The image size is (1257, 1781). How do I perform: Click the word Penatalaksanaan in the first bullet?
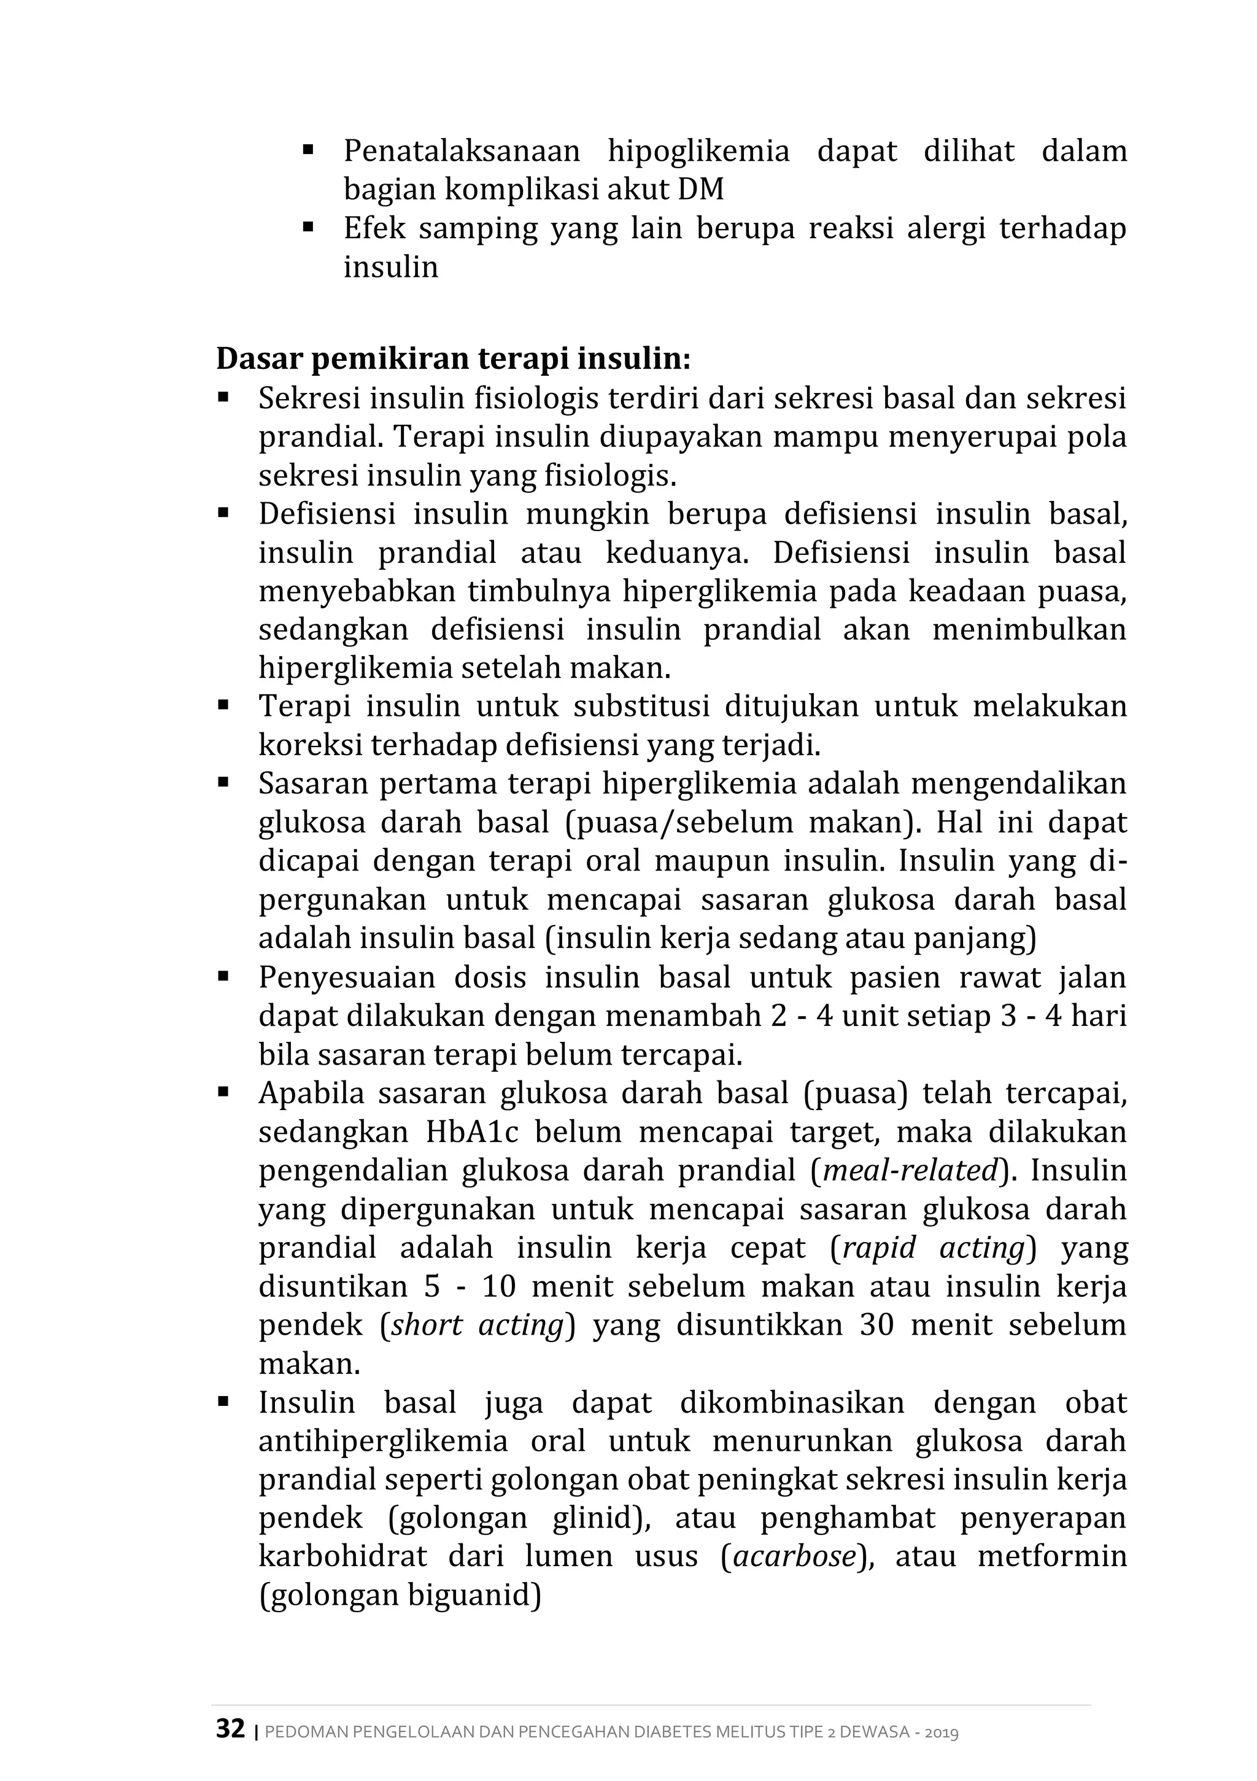(x=462, y=150)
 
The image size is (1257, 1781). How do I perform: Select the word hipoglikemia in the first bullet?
(x=698, y=150)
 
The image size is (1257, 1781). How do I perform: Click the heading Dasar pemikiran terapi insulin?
(x=453, y=359)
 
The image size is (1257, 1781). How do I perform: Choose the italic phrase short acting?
(x=477, y=1325)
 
